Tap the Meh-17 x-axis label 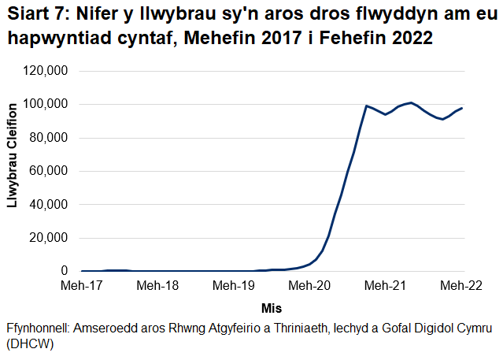(82, 285)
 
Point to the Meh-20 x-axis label (310, 285)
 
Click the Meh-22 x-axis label (462, 285)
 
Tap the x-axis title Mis (272, 307)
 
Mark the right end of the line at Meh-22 (462, 108)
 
